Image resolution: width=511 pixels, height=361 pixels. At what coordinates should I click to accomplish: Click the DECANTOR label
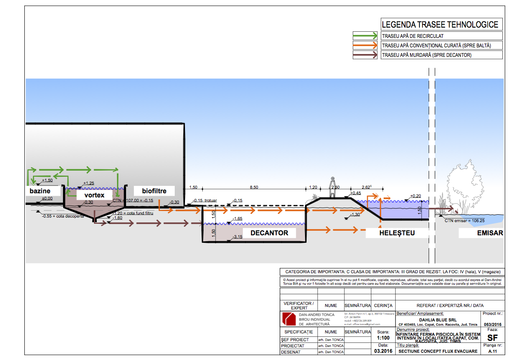(269, 233)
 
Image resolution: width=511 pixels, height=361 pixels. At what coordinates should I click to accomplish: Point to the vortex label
(94, 195)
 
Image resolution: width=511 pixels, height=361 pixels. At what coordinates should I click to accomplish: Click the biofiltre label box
(154, 191)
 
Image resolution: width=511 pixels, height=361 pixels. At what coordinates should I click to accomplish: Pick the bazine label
(40, 191)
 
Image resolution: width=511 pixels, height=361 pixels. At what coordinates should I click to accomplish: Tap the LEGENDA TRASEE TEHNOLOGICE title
(440, 25)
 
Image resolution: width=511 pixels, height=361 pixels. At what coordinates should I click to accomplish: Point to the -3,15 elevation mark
(237, 237)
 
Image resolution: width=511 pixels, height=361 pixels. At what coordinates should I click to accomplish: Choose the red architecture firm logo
(288, 319)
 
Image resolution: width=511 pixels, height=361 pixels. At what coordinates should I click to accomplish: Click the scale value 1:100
(383, 338)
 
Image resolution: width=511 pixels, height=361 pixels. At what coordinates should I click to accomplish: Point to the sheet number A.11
(492, 352)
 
